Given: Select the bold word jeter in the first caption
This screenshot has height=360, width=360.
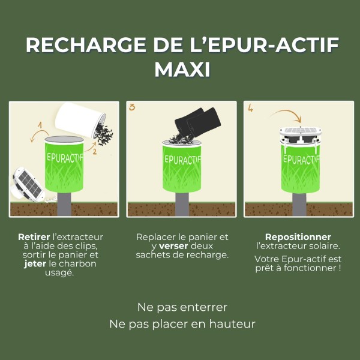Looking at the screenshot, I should click(x=35, y=263).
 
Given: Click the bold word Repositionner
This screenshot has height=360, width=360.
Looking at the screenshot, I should click(x=298, y=237).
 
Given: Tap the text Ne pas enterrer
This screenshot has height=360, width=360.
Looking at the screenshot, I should click(x=182, y=307).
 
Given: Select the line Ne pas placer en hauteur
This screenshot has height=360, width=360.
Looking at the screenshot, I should click(x=182, y=324).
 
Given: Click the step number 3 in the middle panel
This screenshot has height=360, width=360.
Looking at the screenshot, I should click(x=132, y=108).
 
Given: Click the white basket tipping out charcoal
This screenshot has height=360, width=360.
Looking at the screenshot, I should click(x=81, y=120).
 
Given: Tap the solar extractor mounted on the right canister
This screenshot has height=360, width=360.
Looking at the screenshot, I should click(x=299, y=136).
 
